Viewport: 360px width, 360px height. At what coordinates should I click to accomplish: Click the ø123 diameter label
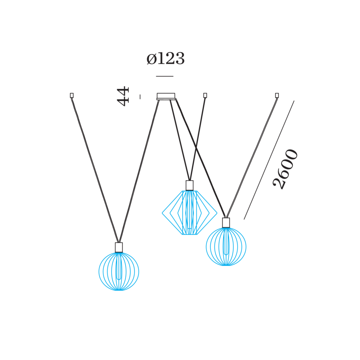point(165,59)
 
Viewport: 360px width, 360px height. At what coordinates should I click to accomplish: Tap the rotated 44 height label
point(123,96)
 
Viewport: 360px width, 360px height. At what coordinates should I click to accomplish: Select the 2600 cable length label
point(286,168)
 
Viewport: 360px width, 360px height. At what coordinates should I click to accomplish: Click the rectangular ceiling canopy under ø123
point(166,96)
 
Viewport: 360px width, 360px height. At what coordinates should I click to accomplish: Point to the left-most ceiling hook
point(72,95)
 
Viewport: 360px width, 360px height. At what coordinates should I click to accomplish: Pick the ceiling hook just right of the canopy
point(205,95)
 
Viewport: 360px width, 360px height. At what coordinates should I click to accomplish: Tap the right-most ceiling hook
point(277,95)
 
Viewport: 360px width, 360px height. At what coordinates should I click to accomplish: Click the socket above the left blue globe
point(119,247)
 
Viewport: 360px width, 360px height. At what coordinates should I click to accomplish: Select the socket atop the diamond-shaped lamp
point(190,185)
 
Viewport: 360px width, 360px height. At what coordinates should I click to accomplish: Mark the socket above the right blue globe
point(226,222)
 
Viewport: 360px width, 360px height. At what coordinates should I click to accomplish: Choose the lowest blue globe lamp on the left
point(119,271)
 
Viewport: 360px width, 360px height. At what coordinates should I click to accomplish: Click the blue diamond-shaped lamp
point(190,212)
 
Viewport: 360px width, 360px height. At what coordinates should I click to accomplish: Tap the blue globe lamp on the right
point(226,246)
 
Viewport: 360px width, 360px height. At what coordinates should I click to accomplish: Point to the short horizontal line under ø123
point(165,76)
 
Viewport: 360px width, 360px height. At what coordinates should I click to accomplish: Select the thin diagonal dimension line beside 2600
point(269,160)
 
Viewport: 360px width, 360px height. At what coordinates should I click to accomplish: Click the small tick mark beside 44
point(140,96)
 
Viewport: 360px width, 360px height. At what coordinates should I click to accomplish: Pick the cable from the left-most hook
point(95,168)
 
